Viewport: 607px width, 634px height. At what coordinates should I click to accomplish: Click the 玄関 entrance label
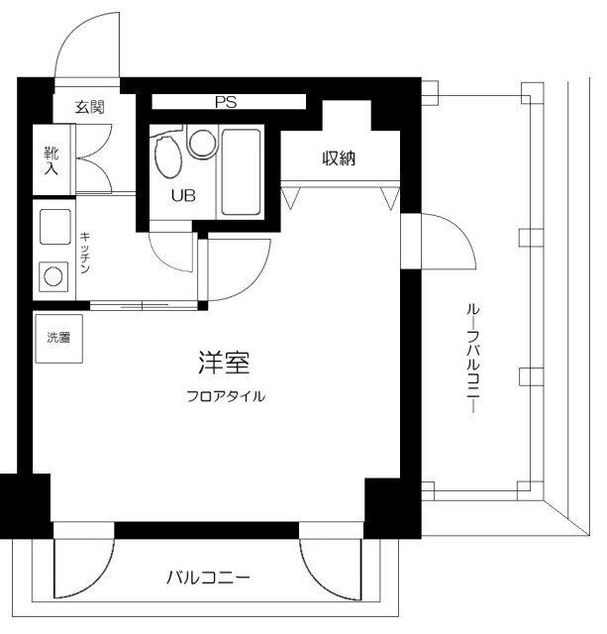(x=89, y=108)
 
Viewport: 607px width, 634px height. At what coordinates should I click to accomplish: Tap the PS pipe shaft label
(x=226, y=102)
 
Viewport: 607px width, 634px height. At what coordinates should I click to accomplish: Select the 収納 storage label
(x=339, y=157)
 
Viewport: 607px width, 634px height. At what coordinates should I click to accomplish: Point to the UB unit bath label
(x=183, y=195)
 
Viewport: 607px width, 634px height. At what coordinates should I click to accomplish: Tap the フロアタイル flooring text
(x=226, y=396)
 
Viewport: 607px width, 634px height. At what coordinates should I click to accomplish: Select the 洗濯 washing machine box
(x=58, y=338)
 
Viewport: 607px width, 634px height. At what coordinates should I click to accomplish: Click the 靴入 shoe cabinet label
(x=50, y=160)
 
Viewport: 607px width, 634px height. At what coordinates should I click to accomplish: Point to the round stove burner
(x=51, y=275)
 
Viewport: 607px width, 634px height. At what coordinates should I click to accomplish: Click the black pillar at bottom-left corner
(x=24, y=503)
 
